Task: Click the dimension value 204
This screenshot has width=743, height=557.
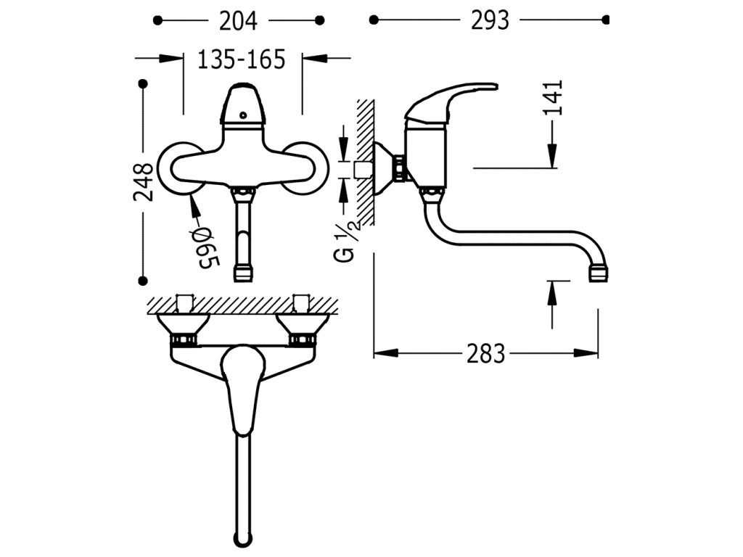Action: pos(238,21)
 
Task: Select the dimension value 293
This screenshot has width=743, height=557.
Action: pos(490,20)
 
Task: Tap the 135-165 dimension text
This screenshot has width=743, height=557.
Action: pos(242,59)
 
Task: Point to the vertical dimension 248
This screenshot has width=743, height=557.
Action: pos(143,182)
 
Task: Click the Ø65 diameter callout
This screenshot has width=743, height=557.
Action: pos(205,247)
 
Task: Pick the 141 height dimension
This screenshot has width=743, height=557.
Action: pos(552,98)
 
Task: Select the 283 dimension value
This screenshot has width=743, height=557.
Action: pos(486,354)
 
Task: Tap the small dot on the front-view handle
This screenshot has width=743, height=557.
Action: pos(244,115)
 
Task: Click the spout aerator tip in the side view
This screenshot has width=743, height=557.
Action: pos(598,274)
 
